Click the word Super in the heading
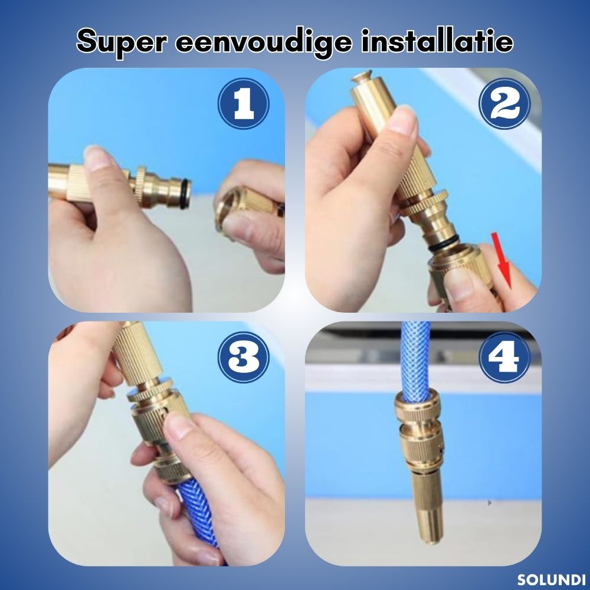[121, 42]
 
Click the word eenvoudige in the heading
[263, 42]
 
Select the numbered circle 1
[244, 103]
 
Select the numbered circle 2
[504, 103]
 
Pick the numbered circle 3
[244, 357]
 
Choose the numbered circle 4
[504, 357]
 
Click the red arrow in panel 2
[502, 260]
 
